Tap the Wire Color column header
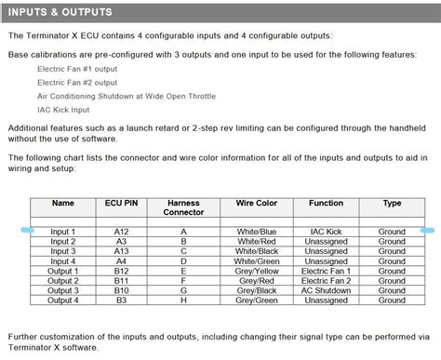click(x=257, y=203)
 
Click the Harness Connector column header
click(x=183, y=207)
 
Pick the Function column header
click(x=327, y=203)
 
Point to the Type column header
click(x=392, y=203)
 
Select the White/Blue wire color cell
click(x=257, y=232)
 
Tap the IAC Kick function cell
click(x=327, y=232)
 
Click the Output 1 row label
click(x=63, y=271)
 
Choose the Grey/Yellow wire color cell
click(x=257, y=271)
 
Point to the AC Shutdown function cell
click(x=327, y=290)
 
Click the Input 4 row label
click(x=63, y=261)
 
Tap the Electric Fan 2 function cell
click(x=327, y=281)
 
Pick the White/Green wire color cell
click(x=257, y=261)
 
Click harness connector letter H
click(x=183, y=300)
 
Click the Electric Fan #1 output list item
click(x=78, y=69)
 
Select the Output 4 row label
click(x=63, y=300)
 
